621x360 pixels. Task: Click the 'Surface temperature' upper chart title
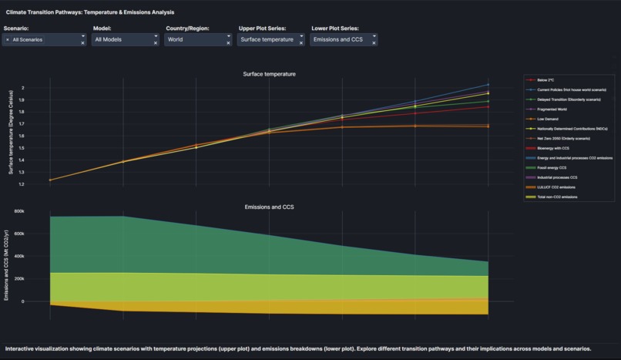point(269,74)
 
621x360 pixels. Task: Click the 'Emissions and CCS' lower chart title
point(269,207)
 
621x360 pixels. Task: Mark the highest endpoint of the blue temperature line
point(488,85)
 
